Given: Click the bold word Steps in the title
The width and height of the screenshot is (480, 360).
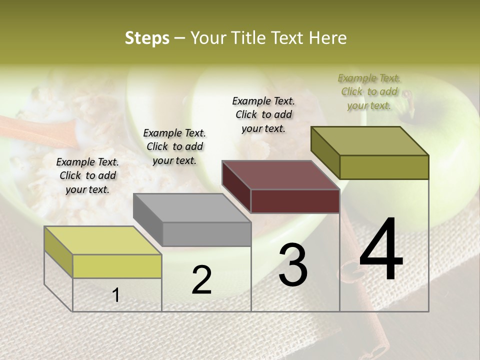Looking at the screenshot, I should point(147,38).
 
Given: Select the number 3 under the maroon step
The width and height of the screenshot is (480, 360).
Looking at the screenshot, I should point(293,265).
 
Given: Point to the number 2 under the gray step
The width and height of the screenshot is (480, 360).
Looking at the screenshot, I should point(201,280).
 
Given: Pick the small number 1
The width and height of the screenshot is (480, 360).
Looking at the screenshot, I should point(116,295).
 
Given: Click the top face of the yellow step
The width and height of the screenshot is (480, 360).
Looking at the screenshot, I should point(102,240).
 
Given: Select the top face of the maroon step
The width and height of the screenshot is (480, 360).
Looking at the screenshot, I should point(280,175).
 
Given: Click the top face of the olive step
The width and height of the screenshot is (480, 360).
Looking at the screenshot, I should point(369,141).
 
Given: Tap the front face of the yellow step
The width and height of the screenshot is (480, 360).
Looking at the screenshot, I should point(117,266).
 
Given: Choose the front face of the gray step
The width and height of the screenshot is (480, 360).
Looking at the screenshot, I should point(206,234).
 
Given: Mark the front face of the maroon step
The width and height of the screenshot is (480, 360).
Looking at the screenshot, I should point(295,201).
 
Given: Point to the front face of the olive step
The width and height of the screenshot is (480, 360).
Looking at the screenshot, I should point(384,167).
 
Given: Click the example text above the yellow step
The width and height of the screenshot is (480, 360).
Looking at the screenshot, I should point(87,175).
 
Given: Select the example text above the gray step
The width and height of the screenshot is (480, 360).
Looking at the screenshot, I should point(174,146).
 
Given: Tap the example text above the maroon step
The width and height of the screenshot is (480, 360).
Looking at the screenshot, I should point(263,114).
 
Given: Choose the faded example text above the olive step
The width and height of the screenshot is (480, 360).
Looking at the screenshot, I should point(369,91).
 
